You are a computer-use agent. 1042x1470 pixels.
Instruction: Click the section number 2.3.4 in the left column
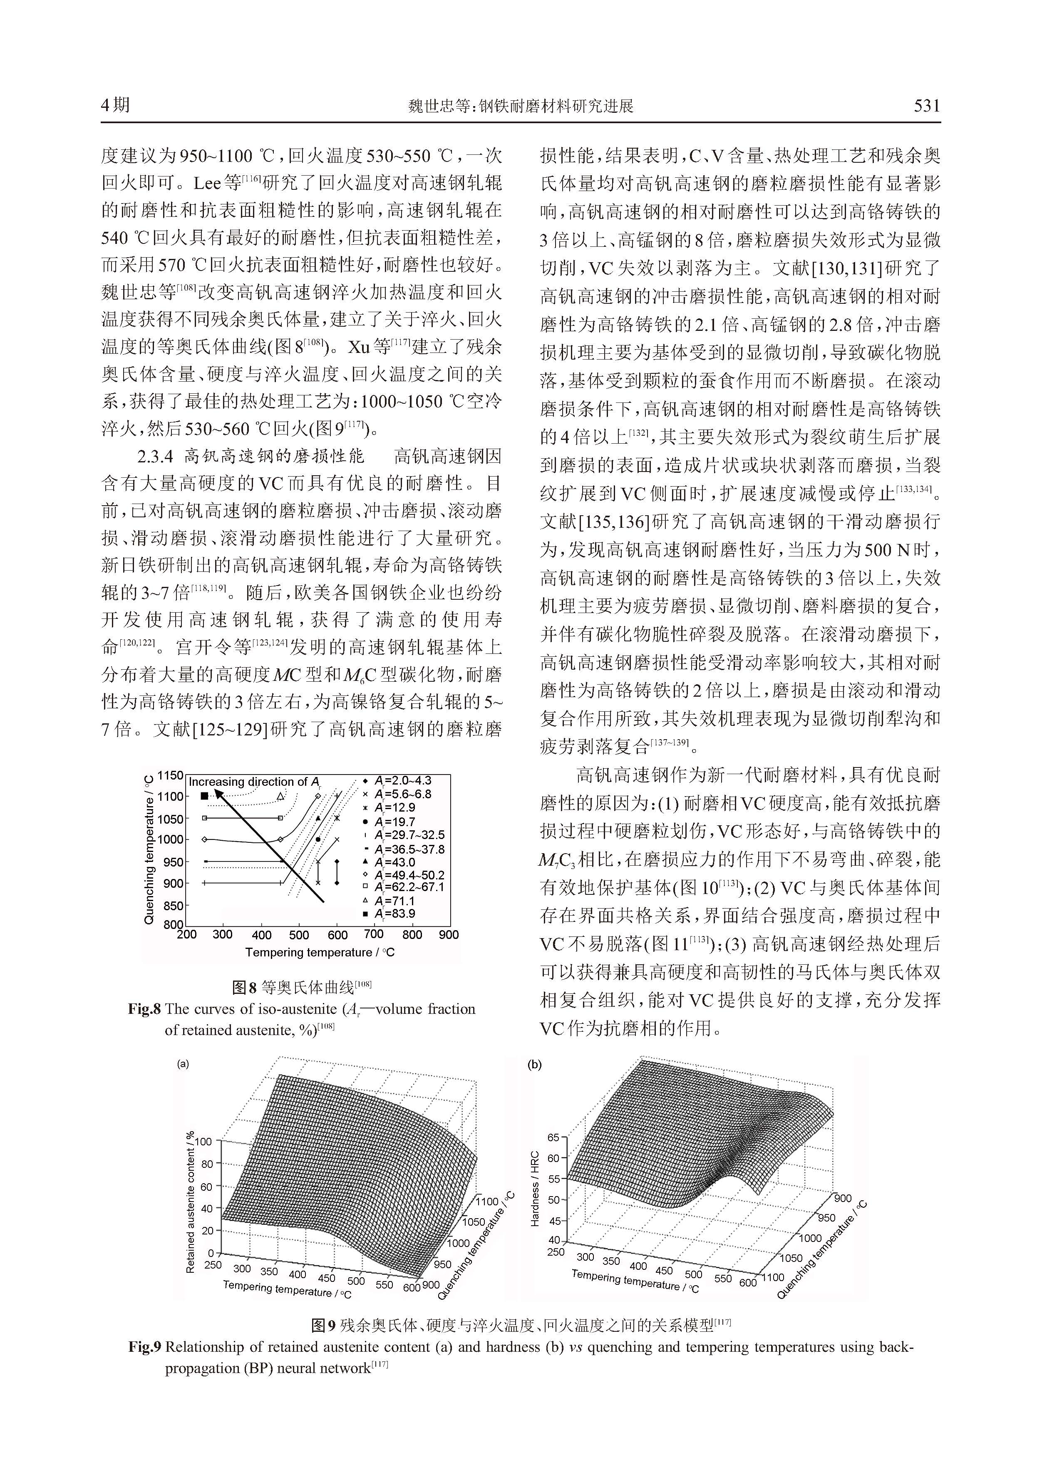(155, 456)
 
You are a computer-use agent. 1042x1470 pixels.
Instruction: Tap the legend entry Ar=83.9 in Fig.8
(395, 914)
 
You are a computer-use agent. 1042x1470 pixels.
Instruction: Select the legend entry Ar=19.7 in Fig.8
(395, 822)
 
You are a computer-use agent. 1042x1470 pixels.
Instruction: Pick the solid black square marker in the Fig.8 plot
(204, 796)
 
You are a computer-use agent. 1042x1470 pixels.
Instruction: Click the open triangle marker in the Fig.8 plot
(280, 796)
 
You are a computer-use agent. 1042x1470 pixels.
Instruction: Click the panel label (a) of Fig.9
(183, 1064)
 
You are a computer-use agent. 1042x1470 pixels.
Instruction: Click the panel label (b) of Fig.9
(534, 1065)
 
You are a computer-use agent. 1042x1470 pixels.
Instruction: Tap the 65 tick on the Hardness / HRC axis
(553, 1137)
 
